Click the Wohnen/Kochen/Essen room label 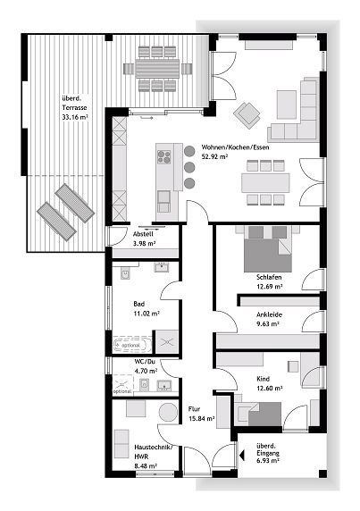235,147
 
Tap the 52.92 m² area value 216,157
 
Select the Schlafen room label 268,276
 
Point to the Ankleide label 268,313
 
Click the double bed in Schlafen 267,247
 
